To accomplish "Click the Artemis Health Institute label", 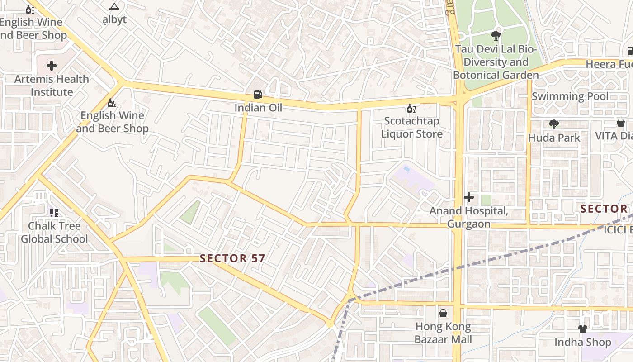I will click(x=52, y=86).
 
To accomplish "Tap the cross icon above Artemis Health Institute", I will click(x=52, y=66).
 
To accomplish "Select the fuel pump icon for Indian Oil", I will click(x=258, y=95).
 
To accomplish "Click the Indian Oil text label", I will click(x=258, y=108).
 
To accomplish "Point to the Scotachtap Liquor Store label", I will click(x=411, y=128).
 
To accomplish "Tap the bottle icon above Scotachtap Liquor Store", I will click(x=411, y=108).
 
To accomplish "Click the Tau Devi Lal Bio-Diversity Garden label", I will click(x=496, y=62).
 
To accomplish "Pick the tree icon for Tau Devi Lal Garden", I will click(x=496, y=36).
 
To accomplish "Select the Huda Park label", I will click(x=554, y=138).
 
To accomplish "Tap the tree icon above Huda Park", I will click(x=554, y=124).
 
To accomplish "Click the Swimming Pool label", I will click(x=570, y=96).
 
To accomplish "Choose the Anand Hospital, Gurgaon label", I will click(x=469, y=217).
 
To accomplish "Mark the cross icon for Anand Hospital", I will click(x=469, y=197).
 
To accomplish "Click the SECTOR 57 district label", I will click(x=232, y=258).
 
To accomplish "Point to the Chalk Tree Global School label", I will click(x=54, y=232).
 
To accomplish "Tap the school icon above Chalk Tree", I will click(x=54, y=212).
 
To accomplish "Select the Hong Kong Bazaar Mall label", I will click(x=443, y=333).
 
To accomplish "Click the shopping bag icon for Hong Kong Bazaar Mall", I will click(x=443, y=313).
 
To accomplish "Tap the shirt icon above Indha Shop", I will click(x=582, y=329).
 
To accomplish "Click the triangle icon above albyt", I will click(x=114, y=7).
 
